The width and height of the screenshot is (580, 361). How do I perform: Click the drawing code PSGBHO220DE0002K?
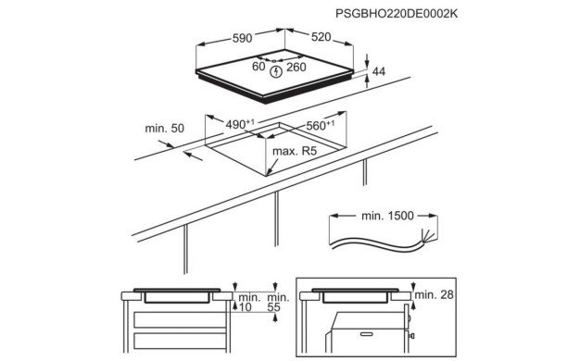(x=397, y=14)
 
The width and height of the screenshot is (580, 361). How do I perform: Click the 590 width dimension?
(x=242, y=38)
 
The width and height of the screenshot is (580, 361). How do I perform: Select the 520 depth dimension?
(x=322, y=37)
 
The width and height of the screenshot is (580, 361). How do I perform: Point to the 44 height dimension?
(x=379, y=71)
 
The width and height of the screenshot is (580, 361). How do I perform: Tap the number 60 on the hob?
(x=258, y=67)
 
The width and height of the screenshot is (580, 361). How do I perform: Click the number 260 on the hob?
(x=296, y=67)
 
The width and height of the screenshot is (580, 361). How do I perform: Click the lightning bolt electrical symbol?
(x=276, y=72)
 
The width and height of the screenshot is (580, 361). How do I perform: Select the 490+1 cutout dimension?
(x=240, y=124)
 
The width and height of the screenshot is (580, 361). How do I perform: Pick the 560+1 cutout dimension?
(x=321, y=125)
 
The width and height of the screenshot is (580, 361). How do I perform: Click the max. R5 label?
(x=295, y=151)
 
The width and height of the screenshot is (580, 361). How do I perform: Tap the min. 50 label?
(x=165, y=129)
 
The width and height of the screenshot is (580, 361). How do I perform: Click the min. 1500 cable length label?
(x=387, y=216)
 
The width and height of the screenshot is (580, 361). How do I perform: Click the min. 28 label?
(x=434, y=294)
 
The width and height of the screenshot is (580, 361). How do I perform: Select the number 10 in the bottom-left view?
(x=245, y=307)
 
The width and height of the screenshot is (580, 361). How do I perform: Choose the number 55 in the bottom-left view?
(x=273, y=307)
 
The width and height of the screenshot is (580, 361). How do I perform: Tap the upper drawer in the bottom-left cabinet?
(x=180, y=319)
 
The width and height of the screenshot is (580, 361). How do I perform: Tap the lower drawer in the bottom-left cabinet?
(x=180, y=341)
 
